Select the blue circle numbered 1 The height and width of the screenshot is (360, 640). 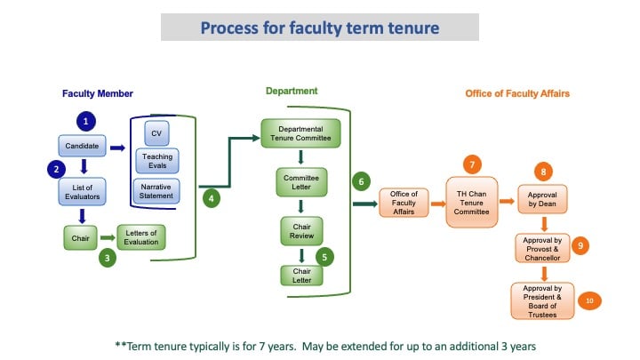[x=85, y=119]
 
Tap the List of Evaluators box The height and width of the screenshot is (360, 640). [x=83, y=192]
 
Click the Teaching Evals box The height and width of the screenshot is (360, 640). [x=156, y=160]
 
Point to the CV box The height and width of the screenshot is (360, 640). [x=156, y=132]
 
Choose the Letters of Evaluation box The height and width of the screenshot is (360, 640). [x=141, y=237]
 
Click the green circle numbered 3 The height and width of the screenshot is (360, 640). [x=107, y=259]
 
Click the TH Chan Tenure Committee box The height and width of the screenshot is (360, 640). [x=471, y=203]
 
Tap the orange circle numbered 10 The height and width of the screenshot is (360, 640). [x=589, y=301]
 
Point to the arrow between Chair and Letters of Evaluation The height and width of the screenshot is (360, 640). [x=106, y=237]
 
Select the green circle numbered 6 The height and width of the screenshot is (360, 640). [x=361, y=180]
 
